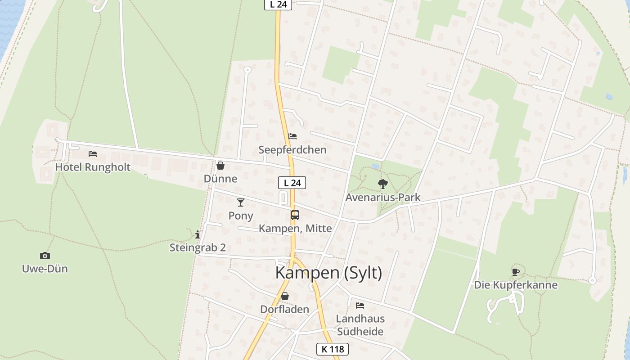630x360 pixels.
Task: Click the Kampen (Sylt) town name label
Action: pyautogui.click(x=328, y=273)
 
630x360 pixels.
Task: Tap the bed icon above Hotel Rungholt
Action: pyautogui.click(x=93, y=154)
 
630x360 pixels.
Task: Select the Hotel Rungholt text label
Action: pyautogui.click(x=93, y=167)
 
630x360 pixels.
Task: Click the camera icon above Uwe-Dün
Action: pyautogui.click(x=45, y=256)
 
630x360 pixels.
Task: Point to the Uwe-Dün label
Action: pyautogui.click(x=45, y=269)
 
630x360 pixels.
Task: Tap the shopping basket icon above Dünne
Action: pyautogui.click(x=220, y=166)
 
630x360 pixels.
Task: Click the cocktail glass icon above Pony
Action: pyautogui.click(x=241, y=202)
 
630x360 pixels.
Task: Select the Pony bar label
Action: pyautogui.click(x=241, y=216)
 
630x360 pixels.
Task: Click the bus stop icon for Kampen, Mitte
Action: pyautogui.click(x=295, y=215)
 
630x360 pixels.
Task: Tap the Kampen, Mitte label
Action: pyautogui.click(x=295, y=229)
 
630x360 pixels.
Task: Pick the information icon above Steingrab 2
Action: pyautogui.click(x=198, y=234)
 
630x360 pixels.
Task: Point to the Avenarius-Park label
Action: pyautogui.click(x=383, y=197)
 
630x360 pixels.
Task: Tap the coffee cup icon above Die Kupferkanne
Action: pyautogui.click(x=516, y=271)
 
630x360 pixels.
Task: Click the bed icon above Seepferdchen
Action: pyautogui.click(x=292, y=136)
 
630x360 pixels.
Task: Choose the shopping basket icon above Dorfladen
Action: pyautogui.click(x=285, y=296)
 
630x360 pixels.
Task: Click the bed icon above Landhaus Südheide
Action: pyautogui.click(x=360, y=305)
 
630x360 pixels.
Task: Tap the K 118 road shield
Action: pyautogui.click(x=333, y=349)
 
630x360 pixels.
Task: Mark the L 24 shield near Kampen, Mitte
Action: pyautogui.click(x=292, y=183)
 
